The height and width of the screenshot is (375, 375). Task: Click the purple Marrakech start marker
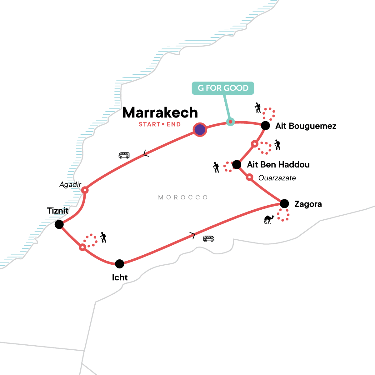click(x=200, y=129)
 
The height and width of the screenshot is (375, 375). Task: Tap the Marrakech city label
click(x=160, y=112)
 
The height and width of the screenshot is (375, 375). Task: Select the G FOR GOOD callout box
click(x=222, y=88)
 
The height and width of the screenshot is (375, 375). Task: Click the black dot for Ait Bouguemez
click(x=265, y=126)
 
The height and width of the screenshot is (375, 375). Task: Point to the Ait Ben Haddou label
click(x=278, y=165)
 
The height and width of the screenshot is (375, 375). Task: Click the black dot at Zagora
click(x=284, y=204)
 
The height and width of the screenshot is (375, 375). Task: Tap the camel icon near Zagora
click(x=269, y=219)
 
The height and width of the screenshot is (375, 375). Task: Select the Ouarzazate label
click(x=277, y=178)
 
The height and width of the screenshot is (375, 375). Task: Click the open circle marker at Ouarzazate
click(x=249, y=177)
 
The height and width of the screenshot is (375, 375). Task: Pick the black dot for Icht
click(x=119, y=264)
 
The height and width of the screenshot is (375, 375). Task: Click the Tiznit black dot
click(x=59, y=224)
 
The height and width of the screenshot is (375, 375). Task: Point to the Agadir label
click(x=70, y=185)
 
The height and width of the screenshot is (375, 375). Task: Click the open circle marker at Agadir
click(x=85, y=190)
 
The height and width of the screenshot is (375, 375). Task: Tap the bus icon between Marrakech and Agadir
click(x=124, y=155)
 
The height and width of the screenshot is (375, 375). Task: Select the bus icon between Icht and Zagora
click(x=208, y=239)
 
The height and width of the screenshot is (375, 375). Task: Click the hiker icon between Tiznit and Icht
click(x=103, y=237)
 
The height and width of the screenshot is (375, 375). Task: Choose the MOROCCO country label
click(x=183, y=197)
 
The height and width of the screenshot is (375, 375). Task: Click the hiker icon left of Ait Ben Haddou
click(x=216, y=167)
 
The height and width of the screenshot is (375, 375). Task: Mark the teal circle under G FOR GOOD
click(x=230, y=122)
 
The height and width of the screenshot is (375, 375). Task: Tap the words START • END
click(x=160, y=124)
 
